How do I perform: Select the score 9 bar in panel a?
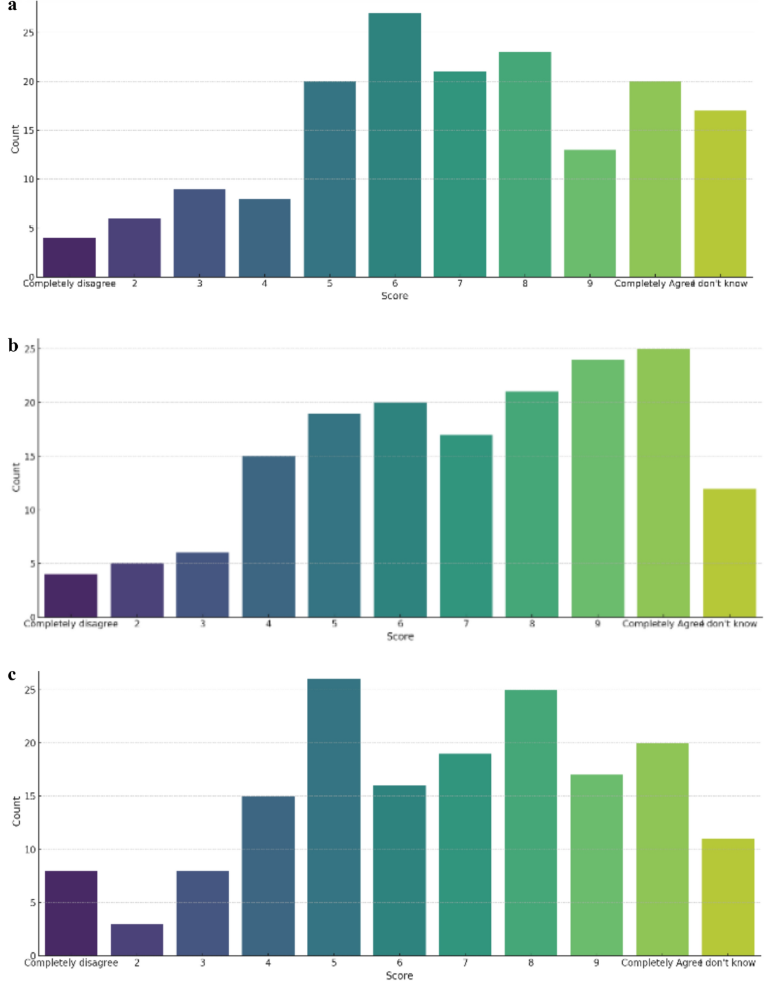point(590,213)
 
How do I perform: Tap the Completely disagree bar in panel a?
point(69,257)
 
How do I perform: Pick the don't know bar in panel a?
point(720,194)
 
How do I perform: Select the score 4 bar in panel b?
point(269,536)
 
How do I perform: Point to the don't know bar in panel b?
point(730,553)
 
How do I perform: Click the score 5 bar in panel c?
point(334,817)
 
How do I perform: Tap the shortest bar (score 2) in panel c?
point(137,940)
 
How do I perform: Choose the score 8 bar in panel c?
point(531,822)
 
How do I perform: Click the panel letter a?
point(12,6)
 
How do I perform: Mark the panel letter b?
point(13,346)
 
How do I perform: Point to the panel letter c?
point(12,675)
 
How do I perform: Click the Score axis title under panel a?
point(395,296)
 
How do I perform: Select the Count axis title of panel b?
point(16,477)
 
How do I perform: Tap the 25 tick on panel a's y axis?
point(29,32)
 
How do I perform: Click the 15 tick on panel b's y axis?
point(29,457)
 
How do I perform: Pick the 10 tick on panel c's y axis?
point(29,849)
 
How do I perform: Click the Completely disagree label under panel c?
point(71,963)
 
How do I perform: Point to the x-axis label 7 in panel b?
point(466,624)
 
